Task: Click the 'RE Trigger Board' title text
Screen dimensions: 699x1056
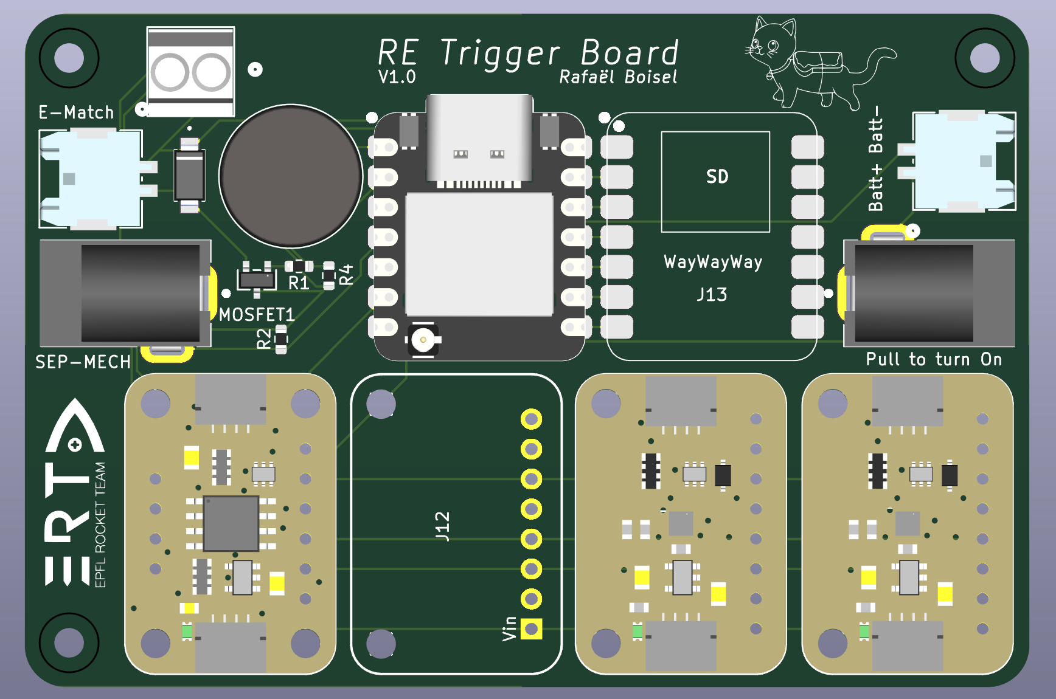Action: point(528,52)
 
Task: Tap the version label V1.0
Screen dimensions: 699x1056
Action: point(397,77)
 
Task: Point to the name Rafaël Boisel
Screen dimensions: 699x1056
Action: point(617,77)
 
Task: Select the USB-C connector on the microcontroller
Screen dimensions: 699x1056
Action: point(479,140)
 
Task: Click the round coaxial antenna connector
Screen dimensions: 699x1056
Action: point(423,340)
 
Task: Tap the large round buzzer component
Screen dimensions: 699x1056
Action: point(291,176)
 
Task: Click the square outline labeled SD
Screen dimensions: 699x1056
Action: point(715,182)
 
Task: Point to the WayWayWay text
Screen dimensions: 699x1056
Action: point(713,262)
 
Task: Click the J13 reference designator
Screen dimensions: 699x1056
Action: point(712,295)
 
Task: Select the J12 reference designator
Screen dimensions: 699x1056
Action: point(443,526)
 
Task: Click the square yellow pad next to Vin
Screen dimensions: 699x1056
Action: point(531,628)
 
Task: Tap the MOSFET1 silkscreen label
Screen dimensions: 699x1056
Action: point(257,314)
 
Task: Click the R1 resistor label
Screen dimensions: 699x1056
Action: point(299,283)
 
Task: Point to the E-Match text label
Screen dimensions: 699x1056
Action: point(76,112)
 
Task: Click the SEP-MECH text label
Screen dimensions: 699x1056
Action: point(83,362)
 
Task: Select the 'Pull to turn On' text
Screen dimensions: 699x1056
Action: point(934,359)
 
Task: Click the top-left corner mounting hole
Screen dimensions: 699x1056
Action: point(69,58)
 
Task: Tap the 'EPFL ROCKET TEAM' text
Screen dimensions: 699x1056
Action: point(100,525)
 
